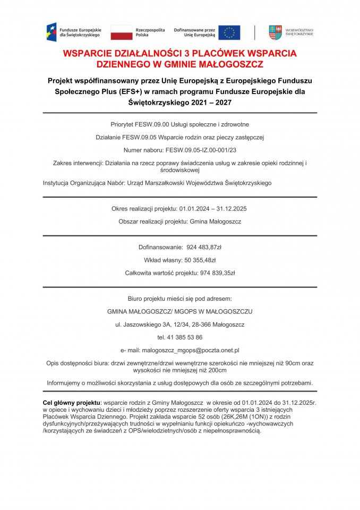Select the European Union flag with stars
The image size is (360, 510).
(229, 32)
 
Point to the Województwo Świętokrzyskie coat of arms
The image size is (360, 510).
(275, 32)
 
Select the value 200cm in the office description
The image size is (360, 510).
(218, 370)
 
